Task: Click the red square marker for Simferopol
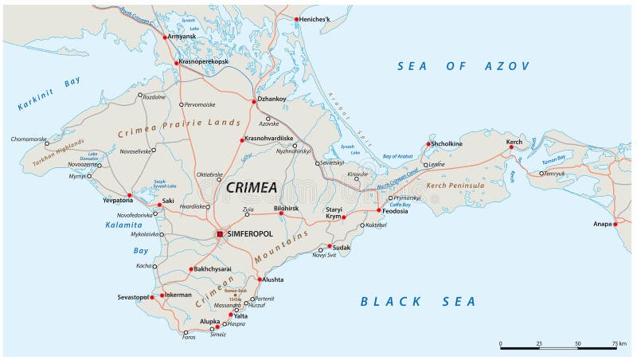221,234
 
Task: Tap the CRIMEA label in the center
252,187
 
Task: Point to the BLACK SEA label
418,301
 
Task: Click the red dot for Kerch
511,147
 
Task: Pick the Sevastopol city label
133,296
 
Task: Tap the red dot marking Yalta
231,315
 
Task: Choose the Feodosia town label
395,212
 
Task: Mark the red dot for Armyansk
165,37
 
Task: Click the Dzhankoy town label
271,100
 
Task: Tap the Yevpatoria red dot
129,195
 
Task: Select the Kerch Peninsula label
455,186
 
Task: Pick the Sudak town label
341,247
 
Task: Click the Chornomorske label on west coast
29,139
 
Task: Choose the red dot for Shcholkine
428,144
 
